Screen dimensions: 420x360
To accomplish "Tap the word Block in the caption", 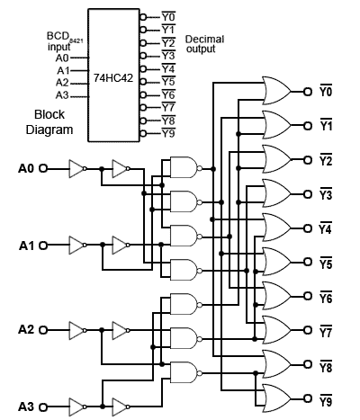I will [x=49, y=115].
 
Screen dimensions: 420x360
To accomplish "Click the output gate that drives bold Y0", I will [x=274, y=90].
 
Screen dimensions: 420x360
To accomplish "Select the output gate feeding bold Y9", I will [x=274, y=398].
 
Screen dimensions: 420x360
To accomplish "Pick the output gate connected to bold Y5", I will [x=274, y=262].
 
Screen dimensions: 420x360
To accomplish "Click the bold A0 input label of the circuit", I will [x=25, y=167].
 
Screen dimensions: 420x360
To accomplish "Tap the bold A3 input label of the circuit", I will [x=25, y=406].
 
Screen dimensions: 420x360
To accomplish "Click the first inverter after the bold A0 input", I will [x=79, y=167].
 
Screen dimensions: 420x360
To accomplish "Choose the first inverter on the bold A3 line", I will [x=79, y=406].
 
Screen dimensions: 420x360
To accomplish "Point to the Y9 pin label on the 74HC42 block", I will [x=168, y=133].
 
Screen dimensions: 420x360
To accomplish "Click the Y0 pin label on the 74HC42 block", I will [x=168, y=16].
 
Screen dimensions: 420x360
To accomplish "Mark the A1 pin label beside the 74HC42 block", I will [x=63, y=69].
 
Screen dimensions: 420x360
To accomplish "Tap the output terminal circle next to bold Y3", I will [x=310, y=193].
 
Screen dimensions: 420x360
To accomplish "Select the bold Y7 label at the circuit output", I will [x=327, y=330].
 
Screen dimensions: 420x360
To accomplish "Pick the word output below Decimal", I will [x=201, y=49].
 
